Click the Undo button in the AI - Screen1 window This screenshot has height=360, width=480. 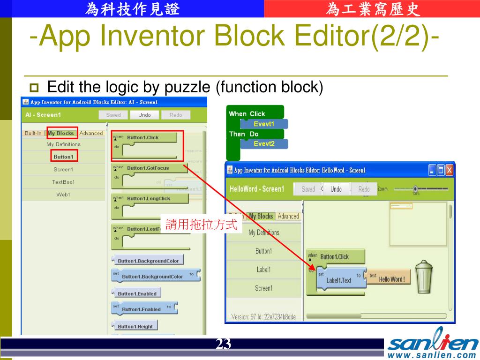(x=144, y=115)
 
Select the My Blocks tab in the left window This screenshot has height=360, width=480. (x=61, y=133)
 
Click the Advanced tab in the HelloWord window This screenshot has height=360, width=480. (x=288, y=216)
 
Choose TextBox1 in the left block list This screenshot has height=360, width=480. (x=63, y=182)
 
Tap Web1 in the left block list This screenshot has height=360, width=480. (x=63, y=195)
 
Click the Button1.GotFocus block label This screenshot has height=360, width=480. (x=148, y=168)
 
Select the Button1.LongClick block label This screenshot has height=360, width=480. (x=149, y=198)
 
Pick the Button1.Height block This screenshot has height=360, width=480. (x=135, y=326)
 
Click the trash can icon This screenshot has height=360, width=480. (x=424, y=277)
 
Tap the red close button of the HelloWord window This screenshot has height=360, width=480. (x=449, y=170)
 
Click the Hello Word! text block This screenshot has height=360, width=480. (x=391, y=279)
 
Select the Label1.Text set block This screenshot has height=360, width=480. (x=338, y=280)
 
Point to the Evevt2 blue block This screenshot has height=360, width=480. (x=264, y=144)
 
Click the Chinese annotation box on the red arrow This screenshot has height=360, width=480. (x=201, y=225)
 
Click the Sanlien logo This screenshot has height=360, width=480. (x=432, y=344)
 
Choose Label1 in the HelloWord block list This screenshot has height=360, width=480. (x=263, y=270)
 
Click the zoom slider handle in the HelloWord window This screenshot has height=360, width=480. (x=415, y=189)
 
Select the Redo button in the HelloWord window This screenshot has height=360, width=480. (x=364, y=189)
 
